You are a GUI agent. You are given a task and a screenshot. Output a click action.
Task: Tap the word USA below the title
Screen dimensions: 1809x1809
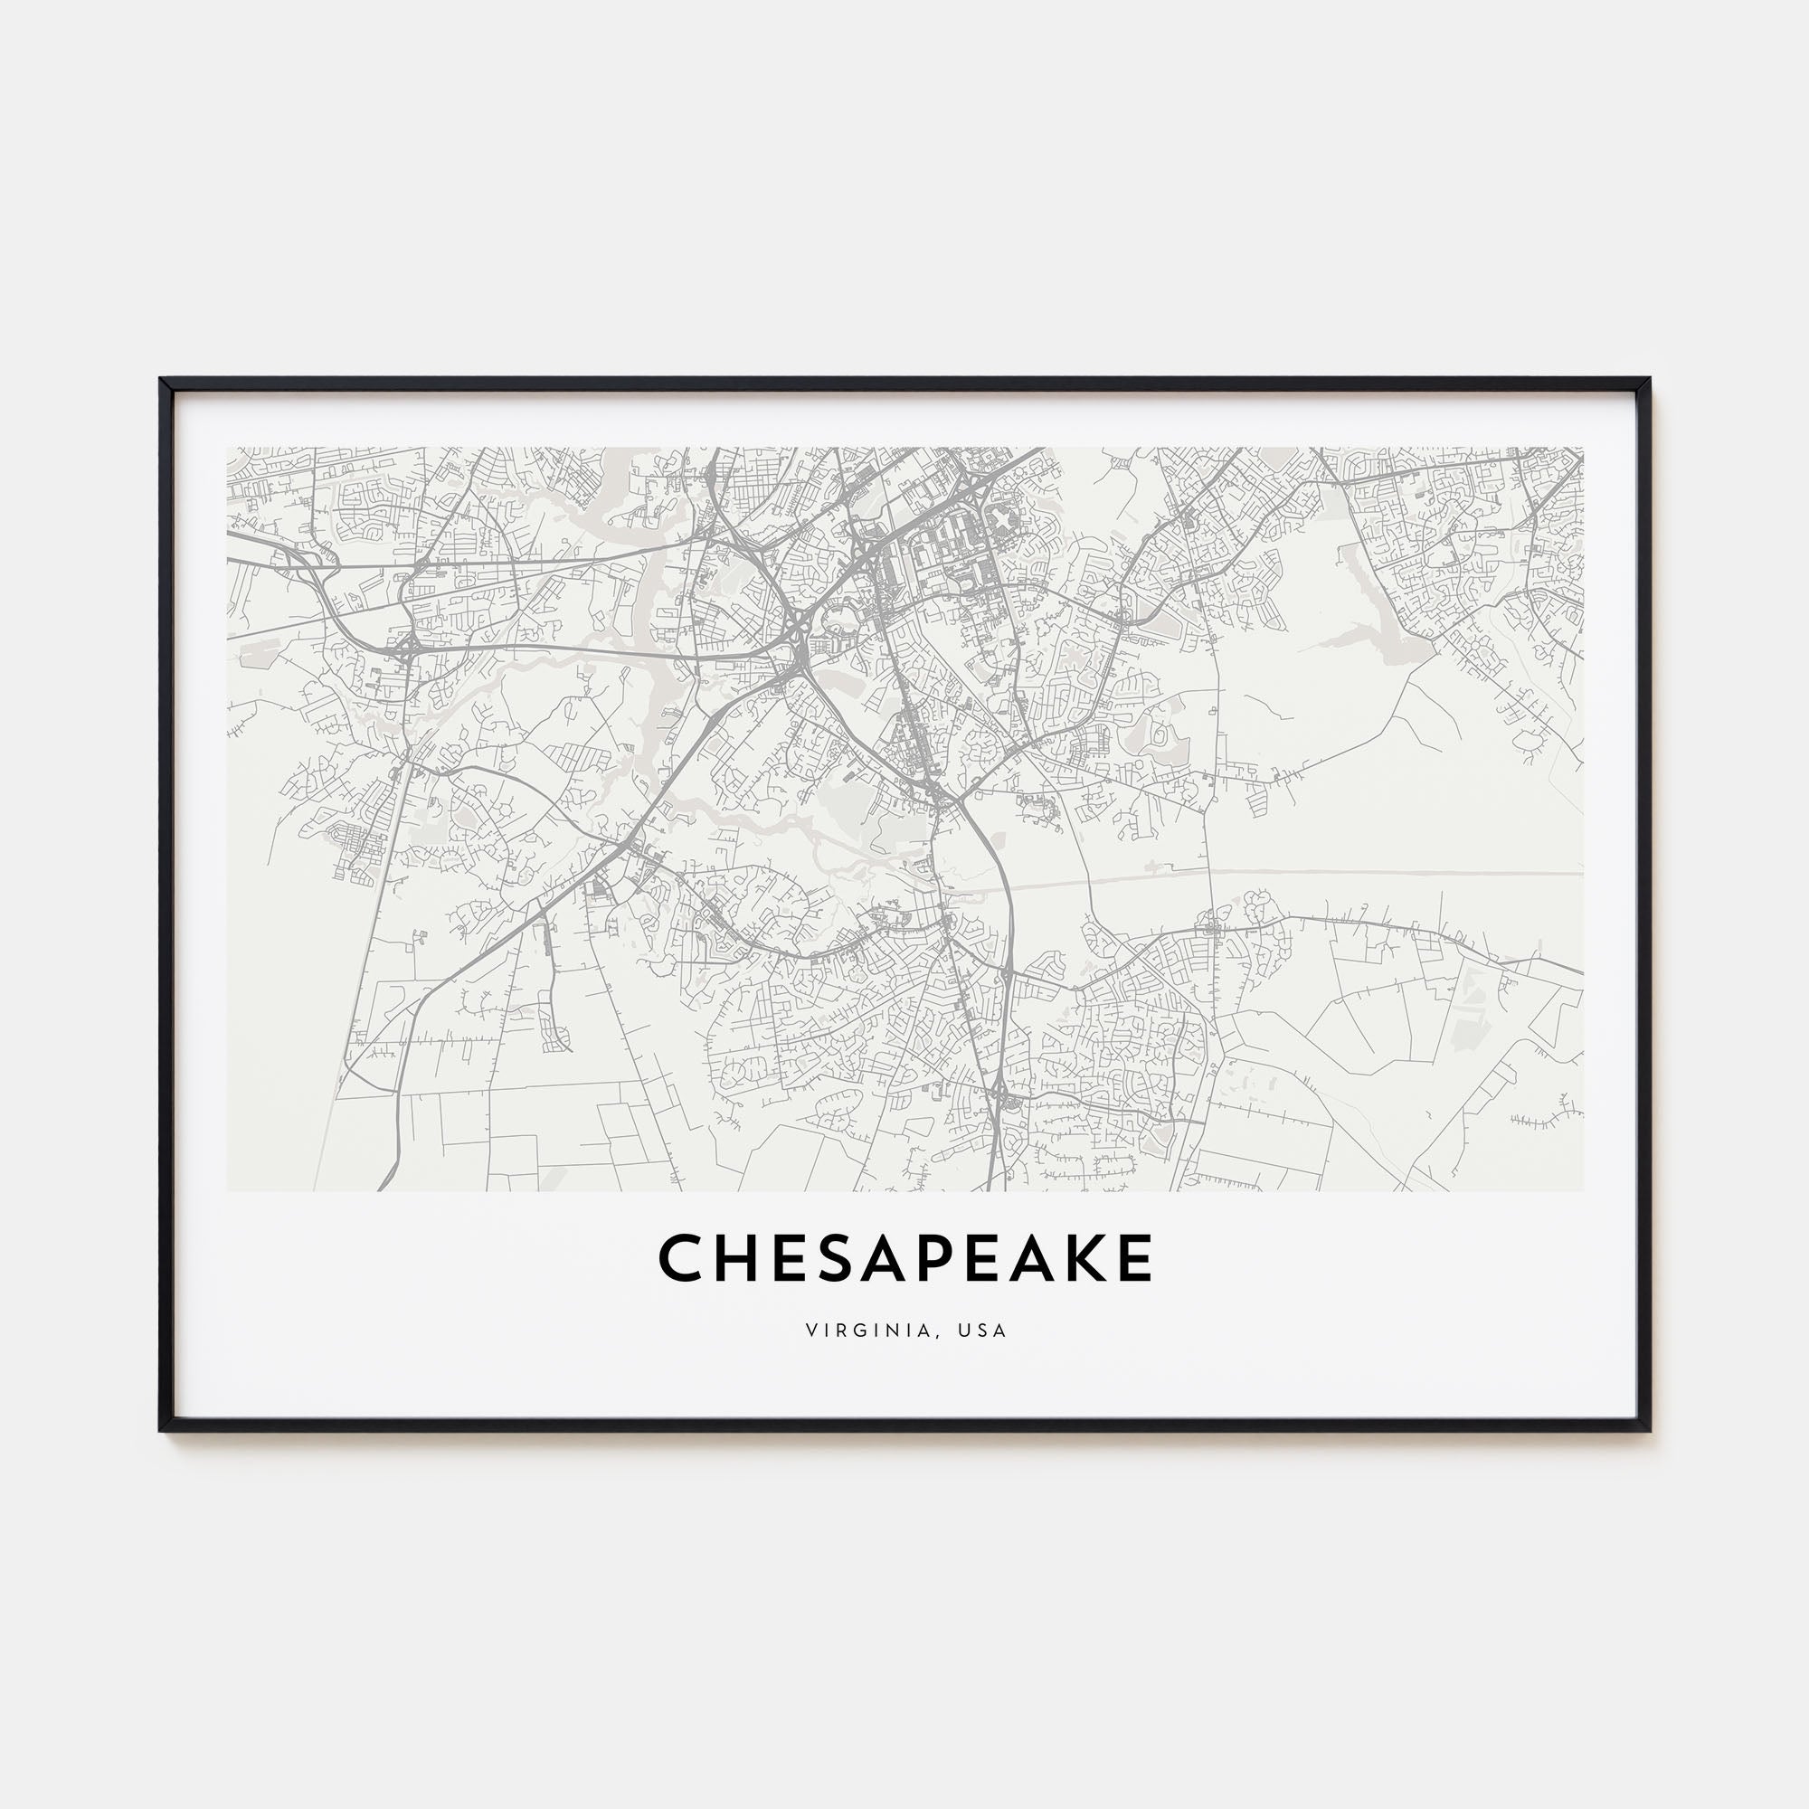982,1331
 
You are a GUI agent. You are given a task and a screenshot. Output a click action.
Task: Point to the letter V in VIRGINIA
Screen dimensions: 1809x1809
810,1331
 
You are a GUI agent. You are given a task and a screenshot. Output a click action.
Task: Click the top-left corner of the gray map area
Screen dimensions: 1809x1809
229,449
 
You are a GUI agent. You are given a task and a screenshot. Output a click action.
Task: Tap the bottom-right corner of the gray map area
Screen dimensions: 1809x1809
1582,1190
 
